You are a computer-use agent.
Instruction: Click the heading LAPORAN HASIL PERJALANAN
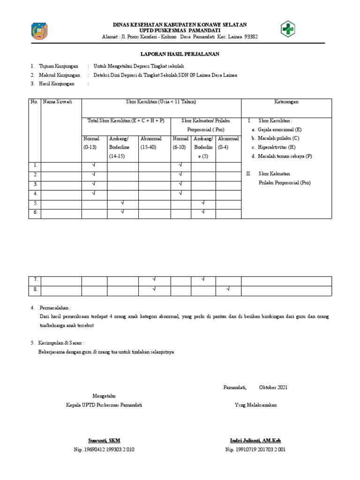(180, 54)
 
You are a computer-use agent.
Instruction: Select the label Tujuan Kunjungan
(60, 66)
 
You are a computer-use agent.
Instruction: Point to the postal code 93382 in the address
(248, 37)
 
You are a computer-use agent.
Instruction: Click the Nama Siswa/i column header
(55, 102)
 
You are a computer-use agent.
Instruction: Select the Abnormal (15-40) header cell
(151, 143)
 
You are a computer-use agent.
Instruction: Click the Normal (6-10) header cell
(180, 143)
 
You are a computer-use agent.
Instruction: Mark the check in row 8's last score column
(228, 289)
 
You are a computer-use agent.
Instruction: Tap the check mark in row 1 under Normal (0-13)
(94, 165)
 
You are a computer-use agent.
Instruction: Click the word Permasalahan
(55, 307)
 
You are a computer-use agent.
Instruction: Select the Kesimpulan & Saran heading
(61, 343)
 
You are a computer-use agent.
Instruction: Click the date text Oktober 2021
(273, 387)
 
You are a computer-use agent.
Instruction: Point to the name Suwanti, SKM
(105, 441)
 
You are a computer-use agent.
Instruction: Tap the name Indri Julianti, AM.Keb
(255, 441)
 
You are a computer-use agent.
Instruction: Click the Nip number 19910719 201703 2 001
(255, 449)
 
